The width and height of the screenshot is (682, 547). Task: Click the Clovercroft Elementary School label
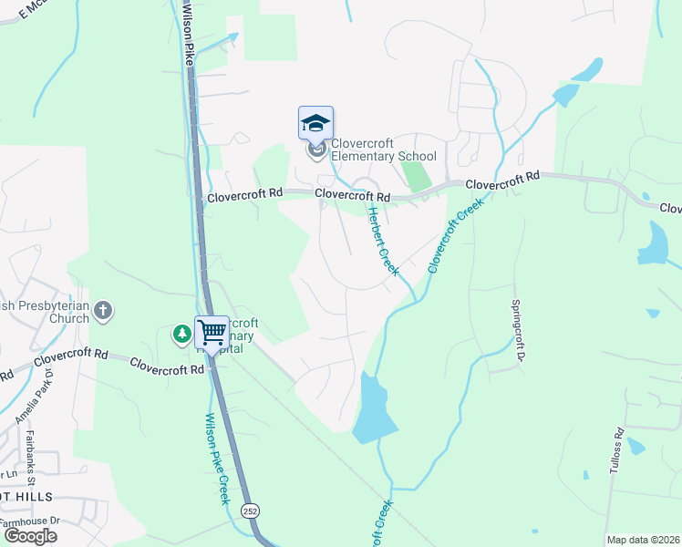point(383,150)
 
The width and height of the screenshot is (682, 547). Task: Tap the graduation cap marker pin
point(315,124)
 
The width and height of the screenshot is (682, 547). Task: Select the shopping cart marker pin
point(212,333)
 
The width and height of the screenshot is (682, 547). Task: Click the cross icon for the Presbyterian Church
point(103,311)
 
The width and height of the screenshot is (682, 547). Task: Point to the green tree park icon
point(182,335)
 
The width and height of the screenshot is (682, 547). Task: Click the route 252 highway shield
point(249,511)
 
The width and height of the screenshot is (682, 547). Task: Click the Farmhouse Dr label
point(29,521)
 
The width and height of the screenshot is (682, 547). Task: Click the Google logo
point(29,536)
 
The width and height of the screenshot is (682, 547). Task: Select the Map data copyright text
point(642,540)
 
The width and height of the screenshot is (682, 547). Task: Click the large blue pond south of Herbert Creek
point(375,409)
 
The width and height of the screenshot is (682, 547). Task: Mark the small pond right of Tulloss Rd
point(636,447)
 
